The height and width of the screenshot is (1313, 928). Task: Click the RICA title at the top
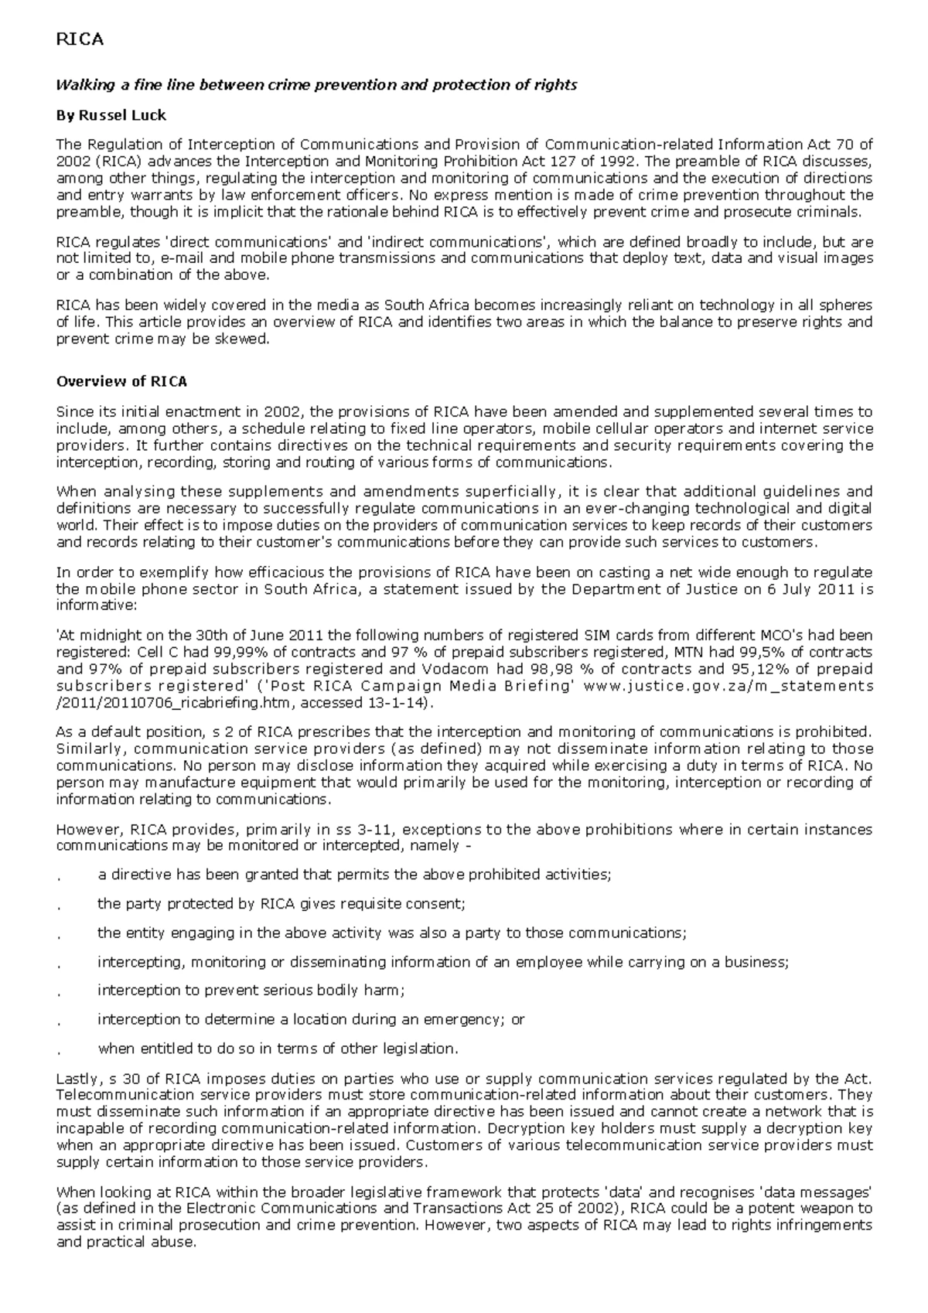pos(80,39)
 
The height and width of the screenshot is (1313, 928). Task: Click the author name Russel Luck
pos(111,115)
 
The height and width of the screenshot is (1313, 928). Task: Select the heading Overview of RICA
pos(121,381)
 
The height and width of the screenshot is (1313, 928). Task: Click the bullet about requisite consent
pos(281,903)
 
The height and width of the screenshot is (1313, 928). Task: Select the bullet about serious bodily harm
pos(251,990)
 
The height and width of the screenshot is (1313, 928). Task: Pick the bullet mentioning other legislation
pos(278,1049)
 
